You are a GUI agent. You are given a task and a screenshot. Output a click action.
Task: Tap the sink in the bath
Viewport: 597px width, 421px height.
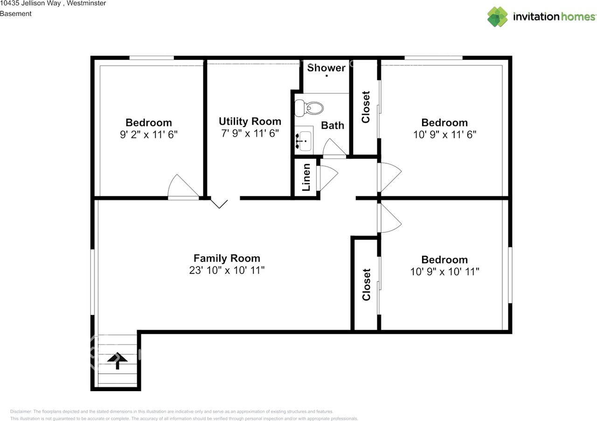point(304,141)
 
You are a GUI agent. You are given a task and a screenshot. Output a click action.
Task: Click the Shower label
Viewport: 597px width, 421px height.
point(326,68)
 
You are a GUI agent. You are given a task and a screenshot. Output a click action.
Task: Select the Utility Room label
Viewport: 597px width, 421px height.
point(250,121)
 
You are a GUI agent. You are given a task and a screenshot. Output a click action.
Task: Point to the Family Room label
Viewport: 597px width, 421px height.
point(227,258)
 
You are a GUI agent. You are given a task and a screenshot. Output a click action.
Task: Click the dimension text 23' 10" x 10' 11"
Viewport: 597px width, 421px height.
point(227,271)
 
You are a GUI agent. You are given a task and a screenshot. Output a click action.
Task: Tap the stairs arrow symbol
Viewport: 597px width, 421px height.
point(118,360)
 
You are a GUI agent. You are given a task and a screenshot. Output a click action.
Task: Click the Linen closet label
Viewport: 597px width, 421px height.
point(306,177)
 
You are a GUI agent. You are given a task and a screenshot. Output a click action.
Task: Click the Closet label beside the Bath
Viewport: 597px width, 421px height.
point(366,107)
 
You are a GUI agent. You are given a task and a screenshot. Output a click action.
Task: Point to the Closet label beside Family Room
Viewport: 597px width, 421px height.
point(366,284)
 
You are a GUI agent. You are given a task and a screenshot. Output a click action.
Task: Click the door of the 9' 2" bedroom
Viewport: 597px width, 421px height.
point(182,188)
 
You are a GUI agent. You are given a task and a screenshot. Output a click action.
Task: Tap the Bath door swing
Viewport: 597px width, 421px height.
point(334,148)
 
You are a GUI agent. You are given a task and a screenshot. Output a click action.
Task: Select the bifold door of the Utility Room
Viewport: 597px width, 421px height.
point(219,203)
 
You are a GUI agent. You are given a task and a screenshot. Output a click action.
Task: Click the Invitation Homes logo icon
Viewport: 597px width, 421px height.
point(497,17)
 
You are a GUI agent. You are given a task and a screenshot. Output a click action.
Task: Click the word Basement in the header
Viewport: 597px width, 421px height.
point(16,14)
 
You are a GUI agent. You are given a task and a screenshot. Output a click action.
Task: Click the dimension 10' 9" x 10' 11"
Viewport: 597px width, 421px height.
point(444,272)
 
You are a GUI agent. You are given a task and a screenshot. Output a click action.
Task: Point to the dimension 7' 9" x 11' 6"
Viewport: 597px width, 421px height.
point(250,133)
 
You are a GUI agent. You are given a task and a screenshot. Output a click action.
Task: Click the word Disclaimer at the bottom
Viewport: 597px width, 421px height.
point(21,412)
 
